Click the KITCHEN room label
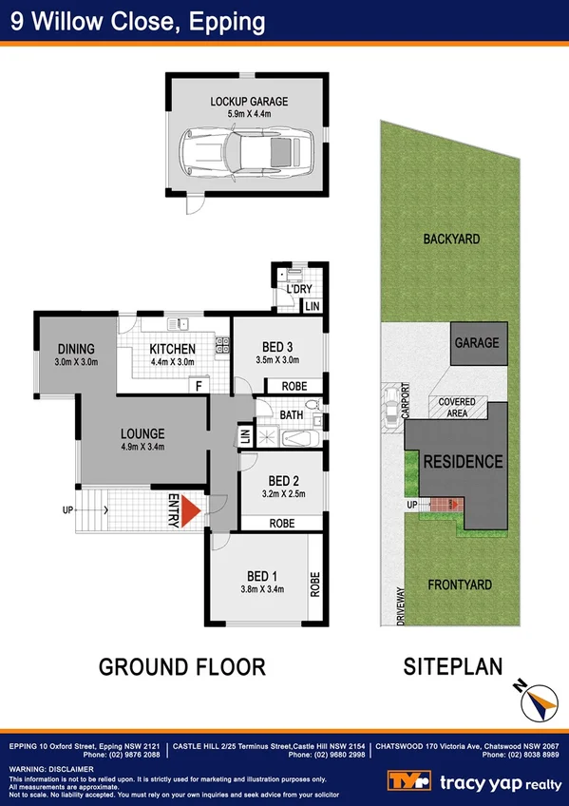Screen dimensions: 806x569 pyautogui.click(x=172, y=349)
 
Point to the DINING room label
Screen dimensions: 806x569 pyautogui.click(x=76, y=348)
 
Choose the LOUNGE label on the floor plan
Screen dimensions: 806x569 pyautogui.click(x=142, y=433)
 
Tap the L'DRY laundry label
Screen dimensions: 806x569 pyautogui.click(x=300, y=289)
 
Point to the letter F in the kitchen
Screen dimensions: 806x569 pyautogui.click(x=199, y=386)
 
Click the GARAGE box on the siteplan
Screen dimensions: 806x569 pyautogui.click(x=475, y=343)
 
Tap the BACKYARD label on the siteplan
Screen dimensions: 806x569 pyautogui.click(x=451, y=240)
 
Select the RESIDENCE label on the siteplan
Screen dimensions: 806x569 pyautogui.click(x=463, y=462)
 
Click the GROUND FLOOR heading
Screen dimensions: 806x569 pyautogui.click(x=182, y=666)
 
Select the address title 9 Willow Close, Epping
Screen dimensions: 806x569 pyautogui.click(x=138, y=20)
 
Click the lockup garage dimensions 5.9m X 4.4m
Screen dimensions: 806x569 pyautogui.click(x=249, y=114)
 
